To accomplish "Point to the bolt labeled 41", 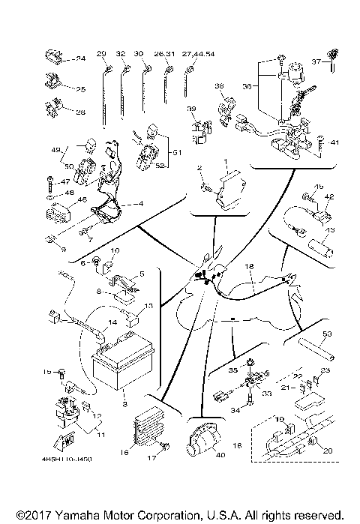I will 322,141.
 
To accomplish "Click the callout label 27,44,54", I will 199,54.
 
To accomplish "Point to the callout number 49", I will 54,149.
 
